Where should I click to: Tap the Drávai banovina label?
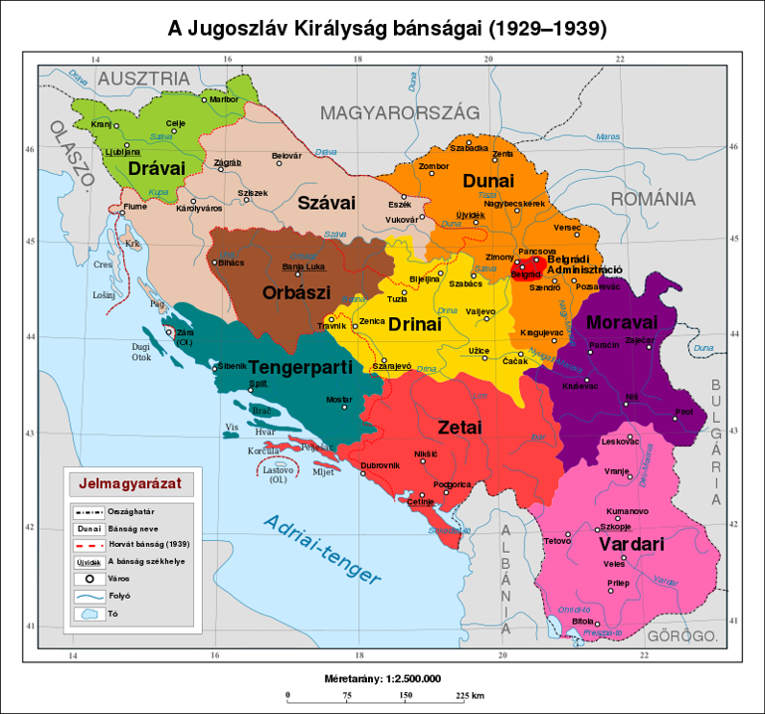tap(156, 168)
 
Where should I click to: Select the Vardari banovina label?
tap(630, 545)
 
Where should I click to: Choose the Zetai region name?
tap(459, 427)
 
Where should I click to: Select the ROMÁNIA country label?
tap(653, 199)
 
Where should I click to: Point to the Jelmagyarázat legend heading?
tap(128, 486)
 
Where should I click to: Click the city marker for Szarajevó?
tap(383, 360)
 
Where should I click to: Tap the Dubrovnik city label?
tap(380, 465)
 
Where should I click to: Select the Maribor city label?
tap(226, 99)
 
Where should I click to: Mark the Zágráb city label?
tap(228, 161)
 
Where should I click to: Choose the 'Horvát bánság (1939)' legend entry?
tap(150, 544)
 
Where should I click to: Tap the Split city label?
tap(258, 383)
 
